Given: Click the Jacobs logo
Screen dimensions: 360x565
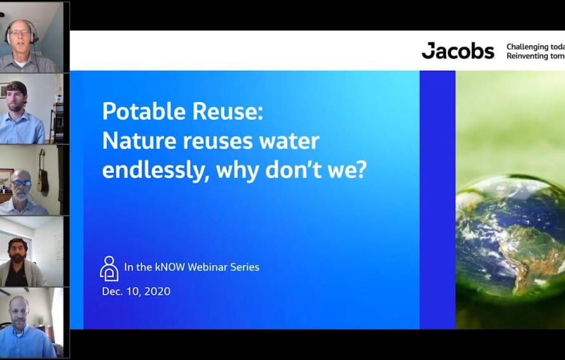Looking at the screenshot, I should [x=457, y=51].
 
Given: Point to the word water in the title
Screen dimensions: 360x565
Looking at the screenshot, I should [x=288, y=141].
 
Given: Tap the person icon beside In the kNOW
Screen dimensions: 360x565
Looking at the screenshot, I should [x=109, y=269].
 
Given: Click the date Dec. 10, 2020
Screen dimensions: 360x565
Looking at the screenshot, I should [x=136, y=292].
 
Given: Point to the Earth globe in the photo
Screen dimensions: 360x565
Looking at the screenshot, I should [x=510, y=238].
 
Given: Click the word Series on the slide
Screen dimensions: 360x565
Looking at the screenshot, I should [x=245, y=267].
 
